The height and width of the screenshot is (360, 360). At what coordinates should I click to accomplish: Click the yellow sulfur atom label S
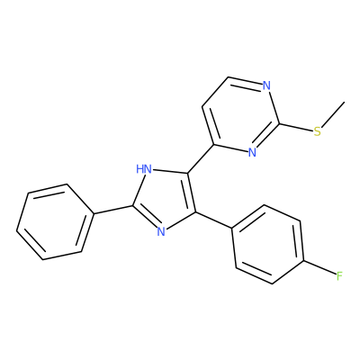click(x=317, y=131)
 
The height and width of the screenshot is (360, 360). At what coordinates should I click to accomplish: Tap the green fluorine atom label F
click(x=339, y=275)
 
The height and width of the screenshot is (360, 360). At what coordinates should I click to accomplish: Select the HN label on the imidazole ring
click(x=144, y=169)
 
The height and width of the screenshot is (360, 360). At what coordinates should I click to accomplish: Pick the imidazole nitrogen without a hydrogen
click(x=161, y=231)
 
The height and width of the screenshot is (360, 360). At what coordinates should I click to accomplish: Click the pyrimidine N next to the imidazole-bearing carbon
click(x=252, y=152)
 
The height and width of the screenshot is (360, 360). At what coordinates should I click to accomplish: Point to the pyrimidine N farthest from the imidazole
click(x=266, y=85)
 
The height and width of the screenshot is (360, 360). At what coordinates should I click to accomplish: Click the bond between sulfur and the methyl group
click(x=332, y=114)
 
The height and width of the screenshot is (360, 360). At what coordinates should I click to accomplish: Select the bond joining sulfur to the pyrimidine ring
click(x=296, y=127)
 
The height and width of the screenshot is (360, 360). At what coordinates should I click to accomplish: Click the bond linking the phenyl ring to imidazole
click(x=113, y=210)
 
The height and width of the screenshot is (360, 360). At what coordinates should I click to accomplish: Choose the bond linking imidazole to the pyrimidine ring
click(x=201, y=159)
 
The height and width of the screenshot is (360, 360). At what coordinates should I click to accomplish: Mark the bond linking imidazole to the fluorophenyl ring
click(x=213, y=220)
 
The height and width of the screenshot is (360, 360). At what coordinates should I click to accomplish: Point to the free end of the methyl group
click(x=345, y=102)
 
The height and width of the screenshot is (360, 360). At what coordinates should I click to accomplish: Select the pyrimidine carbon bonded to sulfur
click(x=279, y=123)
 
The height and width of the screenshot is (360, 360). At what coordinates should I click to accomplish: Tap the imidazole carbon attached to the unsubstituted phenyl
click(x=133, y=205)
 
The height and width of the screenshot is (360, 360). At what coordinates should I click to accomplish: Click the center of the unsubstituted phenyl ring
click(x=55, y=221)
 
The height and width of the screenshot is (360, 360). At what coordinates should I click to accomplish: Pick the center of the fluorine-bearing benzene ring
click(x=268, y=244)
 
